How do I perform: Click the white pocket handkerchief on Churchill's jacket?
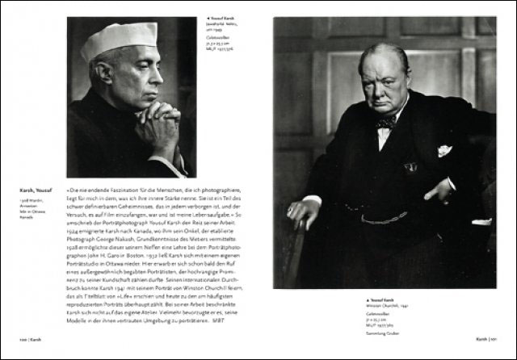(x=443, y=151)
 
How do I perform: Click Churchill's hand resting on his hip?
(x=440, y=191)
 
